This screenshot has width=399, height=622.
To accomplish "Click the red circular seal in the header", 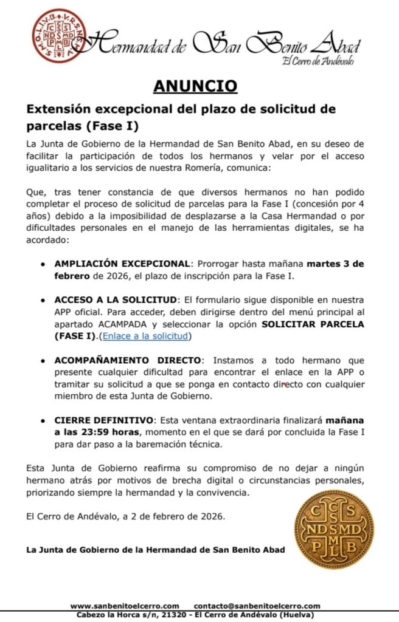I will click(59, 36).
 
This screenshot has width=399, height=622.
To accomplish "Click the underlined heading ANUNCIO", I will click(195, 86).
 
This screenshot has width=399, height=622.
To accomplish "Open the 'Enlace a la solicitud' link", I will click(147, 335).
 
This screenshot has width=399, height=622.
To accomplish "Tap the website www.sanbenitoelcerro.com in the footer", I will click(125, 606).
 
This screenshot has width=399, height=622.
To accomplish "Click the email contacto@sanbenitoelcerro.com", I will click(257, 606).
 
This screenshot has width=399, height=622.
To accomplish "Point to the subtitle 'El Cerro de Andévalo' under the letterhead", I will click(317, 61).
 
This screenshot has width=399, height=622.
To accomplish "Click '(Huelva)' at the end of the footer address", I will click(294, 615).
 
